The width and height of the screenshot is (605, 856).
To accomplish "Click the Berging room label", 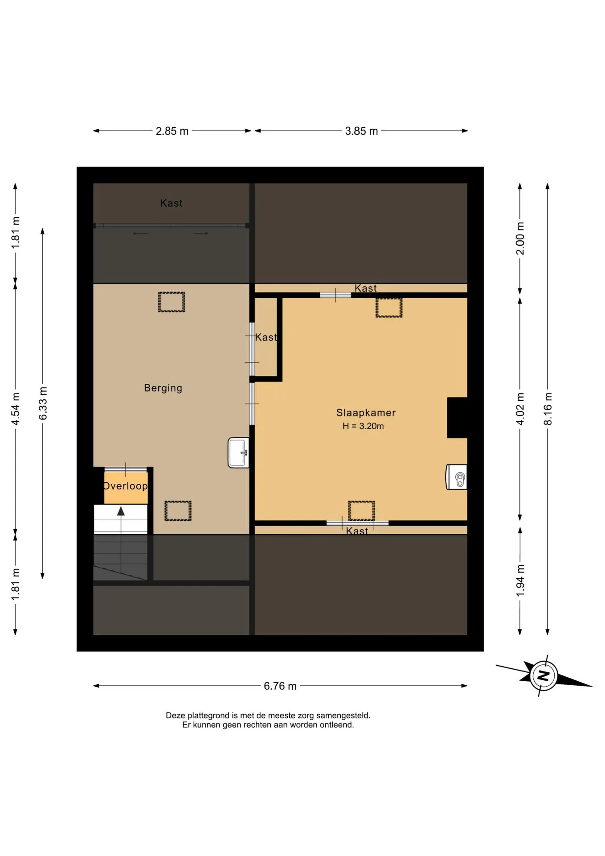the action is pos(163,388).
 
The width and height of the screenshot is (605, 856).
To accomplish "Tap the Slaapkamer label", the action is pos(366,413).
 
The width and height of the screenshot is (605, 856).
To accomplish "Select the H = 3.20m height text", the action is pos(363,426).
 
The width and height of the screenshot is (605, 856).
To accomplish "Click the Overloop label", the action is pos(126,486).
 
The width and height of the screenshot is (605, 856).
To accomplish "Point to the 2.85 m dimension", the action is pos(172,131).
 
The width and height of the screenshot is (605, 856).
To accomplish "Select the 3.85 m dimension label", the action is pos(361,131).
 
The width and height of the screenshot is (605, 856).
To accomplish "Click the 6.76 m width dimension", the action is pos(280,686).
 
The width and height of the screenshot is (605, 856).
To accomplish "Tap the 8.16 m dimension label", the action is pos(548,409).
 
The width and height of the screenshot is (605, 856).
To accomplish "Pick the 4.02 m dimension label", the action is pos(520,409).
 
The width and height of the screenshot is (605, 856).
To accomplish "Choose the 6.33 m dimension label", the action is pos(43,403).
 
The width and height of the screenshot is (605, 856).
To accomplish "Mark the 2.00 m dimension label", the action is pos(520,239).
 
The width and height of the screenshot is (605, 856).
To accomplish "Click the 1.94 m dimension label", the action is pos(520,580).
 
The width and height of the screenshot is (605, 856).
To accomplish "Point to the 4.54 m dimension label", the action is pos(16,409).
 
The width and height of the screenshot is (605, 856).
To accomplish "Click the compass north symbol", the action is pos(544,675).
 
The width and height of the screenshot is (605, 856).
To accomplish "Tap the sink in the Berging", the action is pos(238,453).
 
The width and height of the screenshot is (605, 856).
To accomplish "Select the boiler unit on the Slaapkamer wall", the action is pos(456,477).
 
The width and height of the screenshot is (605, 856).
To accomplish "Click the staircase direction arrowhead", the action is pos(121,511).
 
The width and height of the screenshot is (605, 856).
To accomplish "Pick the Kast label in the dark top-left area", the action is pos(171,203).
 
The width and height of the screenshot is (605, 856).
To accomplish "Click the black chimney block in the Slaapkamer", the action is pos(457,418).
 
